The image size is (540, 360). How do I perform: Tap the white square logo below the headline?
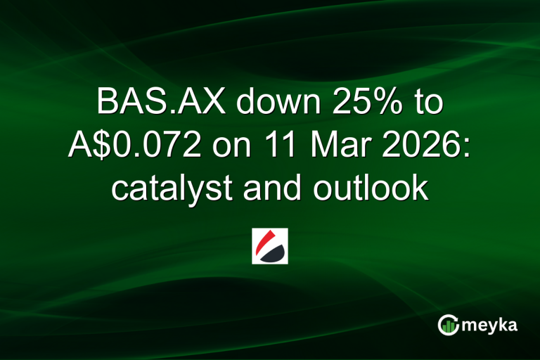tap(270, 245)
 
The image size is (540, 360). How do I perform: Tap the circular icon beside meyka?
tap(448, 325)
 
